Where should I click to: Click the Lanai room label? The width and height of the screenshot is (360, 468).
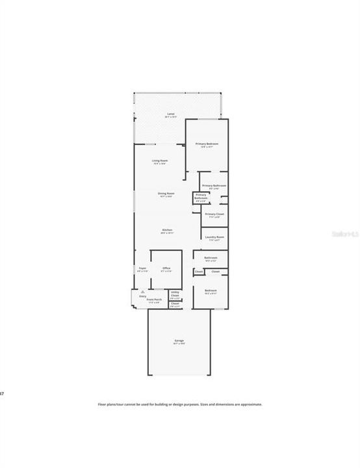[171, 114]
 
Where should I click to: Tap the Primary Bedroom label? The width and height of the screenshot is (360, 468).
[207, 143]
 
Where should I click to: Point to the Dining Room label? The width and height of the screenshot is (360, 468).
[166, 193]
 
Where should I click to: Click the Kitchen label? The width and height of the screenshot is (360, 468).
[167, 230]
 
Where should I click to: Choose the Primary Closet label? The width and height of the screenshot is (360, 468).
[214, 213]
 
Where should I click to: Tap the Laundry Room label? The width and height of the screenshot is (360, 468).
[214, 237]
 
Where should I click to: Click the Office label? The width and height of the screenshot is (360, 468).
[166, 268]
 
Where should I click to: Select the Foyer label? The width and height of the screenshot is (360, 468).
[142, 268]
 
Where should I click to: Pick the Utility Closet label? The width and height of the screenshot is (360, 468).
[175, 294]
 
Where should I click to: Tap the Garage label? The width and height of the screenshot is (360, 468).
[179, 341]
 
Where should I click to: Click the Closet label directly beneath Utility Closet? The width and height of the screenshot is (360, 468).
[175, 304]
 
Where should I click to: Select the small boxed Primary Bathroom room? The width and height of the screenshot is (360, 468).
[201, 196]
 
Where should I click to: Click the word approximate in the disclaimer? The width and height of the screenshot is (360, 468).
[250, 404]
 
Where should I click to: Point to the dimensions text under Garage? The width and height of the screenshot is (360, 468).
[179, 344]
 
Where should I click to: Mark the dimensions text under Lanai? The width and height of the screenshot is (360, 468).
[171, 118]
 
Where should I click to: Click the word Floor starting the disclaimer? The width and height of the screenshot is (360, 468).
[101, 404]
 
